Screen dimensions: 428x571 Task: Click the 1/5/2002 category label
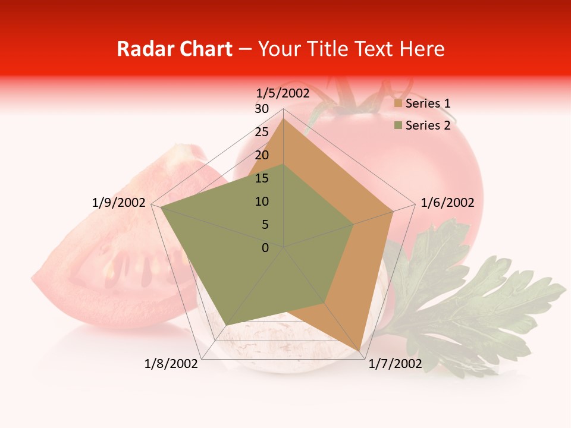click(283, 93)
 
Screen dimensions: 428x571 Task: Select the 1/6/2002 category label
click(447, 203)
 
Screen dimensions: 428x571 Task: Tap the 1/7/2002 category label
click(395, 364)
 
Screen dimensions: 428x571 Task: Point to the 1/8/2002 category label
click(171, 364)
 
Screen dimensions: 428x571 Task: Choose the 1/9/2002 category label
click(119, 203)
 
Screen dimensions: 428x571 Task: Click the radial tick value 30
click(262, 109)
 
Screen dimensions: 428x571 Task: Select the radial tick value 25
click(262, 132)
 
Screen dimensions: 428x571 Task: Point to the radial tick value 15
click(262, 178)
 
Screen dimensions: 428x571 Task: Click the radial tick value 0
click(265, 248)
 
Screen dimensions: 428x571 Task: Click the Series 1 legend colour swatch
click(398, 104)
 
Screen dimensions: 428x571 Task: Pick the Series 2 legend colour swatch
click(398, 125)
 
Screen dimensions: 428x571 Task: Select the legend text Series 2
click(428, 125)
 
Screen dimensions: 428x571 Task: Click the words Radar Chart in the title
click(174, 49)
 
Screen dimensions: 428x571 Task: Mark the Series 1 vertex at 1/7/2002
click(360, 350)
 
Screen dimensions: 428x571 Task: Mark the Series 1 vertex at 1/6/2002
click(393, 211)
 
